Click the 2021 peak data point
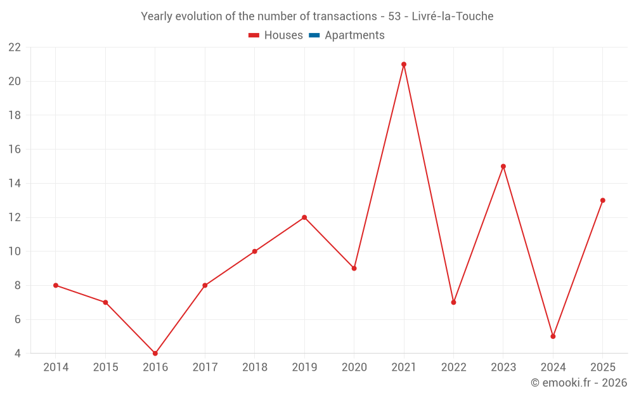(x=403, y=64)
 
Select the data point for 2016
(x=155, y=353)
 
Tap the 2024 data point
(x=553, y=336)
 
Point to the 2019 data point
(x=304, y=217)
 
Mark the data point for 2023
(x=503, y=167)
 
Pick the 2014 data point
(x=56, y=285)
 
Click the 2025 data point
(x=602, y=200)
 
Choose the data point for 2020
(x=354, y=268)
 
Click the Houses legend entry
(x=276, y=35)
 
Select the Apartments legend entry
(x=347, y=35)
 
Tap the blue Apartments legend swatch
(x=314, y=35)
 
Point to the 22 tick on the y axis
(x=15, y=48)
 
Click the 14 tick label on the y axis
(x=15, y=184)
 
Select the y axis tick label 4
(x=17, y=353)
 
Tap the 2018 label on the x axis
(x=255, y=367)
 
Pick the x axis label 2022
(x=454, y=367)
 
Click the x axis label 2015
(x=105, y=367)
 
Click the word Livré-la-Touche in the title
(x=453, y=16)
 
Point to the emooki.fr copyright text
(x=579, y=382)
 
